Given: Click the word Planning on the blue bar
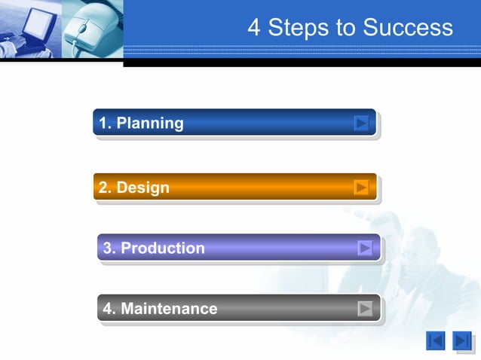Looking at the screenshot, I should [x=149, y=123].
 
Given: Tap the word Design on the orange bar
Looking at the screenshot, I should [x=142, y=188].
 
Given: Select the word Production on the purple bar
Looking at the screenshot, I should [x=162, y=248].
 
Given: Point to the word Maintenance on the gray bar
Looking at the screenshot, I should [x=169, y=308].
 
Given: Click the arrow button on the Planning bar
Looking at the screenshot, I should [x=362, y=123].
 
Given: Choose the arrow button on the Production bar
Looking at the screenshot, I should [x=366, y=248].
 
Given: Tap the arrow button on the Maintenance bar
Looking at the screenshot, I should [x=366, y=308].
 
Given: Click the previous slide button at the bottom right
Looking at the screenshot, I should [x=436, y=341].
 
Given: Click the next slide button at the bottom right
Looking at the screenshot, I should [x=462, y=341].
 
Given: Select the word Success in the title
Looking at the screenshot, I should [x=408, y=28].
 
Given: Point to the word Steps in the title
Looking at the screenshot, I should [x=299, y=28].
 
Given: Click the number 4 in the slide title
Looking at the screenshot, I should [x=254, y=28].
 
